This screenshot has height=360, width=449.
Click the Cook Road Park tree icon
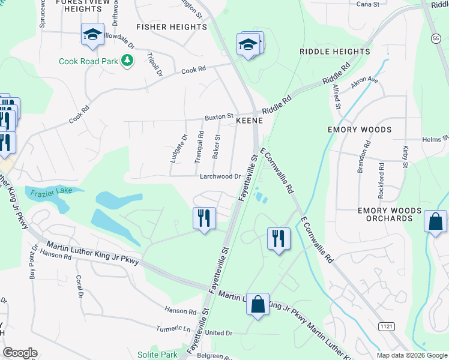(x=127, y=61)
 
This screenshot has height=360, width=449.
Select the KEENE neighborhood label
(x=250, y=121)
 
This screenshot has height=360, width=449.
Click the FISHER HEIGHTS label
(x=172, y=27)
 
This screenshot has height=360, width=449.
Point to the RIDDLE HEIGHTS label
(x=335, y=52)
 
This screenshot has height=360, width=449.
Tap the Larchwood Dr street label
(x=220, y=176)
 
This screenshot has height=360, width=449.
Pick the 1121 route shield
(x=387, y=325)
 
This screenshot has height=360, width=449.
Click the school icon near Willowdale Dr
(x=93, y=35)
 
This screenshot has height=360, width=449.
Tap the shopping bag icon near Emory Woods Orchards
(x=435, y=221)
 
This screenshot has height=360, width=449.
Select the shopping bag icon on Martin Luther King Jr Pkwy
(x=258, y=304)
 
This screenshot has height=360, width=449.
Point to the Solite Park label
(x=157, y=355)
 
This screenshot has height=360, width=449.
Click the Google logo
(x=20, y=353)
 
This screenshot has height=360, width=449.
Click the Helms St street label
(x=435, y=139)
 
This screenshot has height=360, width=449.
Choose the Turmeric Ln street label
(x=173, y=328)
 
